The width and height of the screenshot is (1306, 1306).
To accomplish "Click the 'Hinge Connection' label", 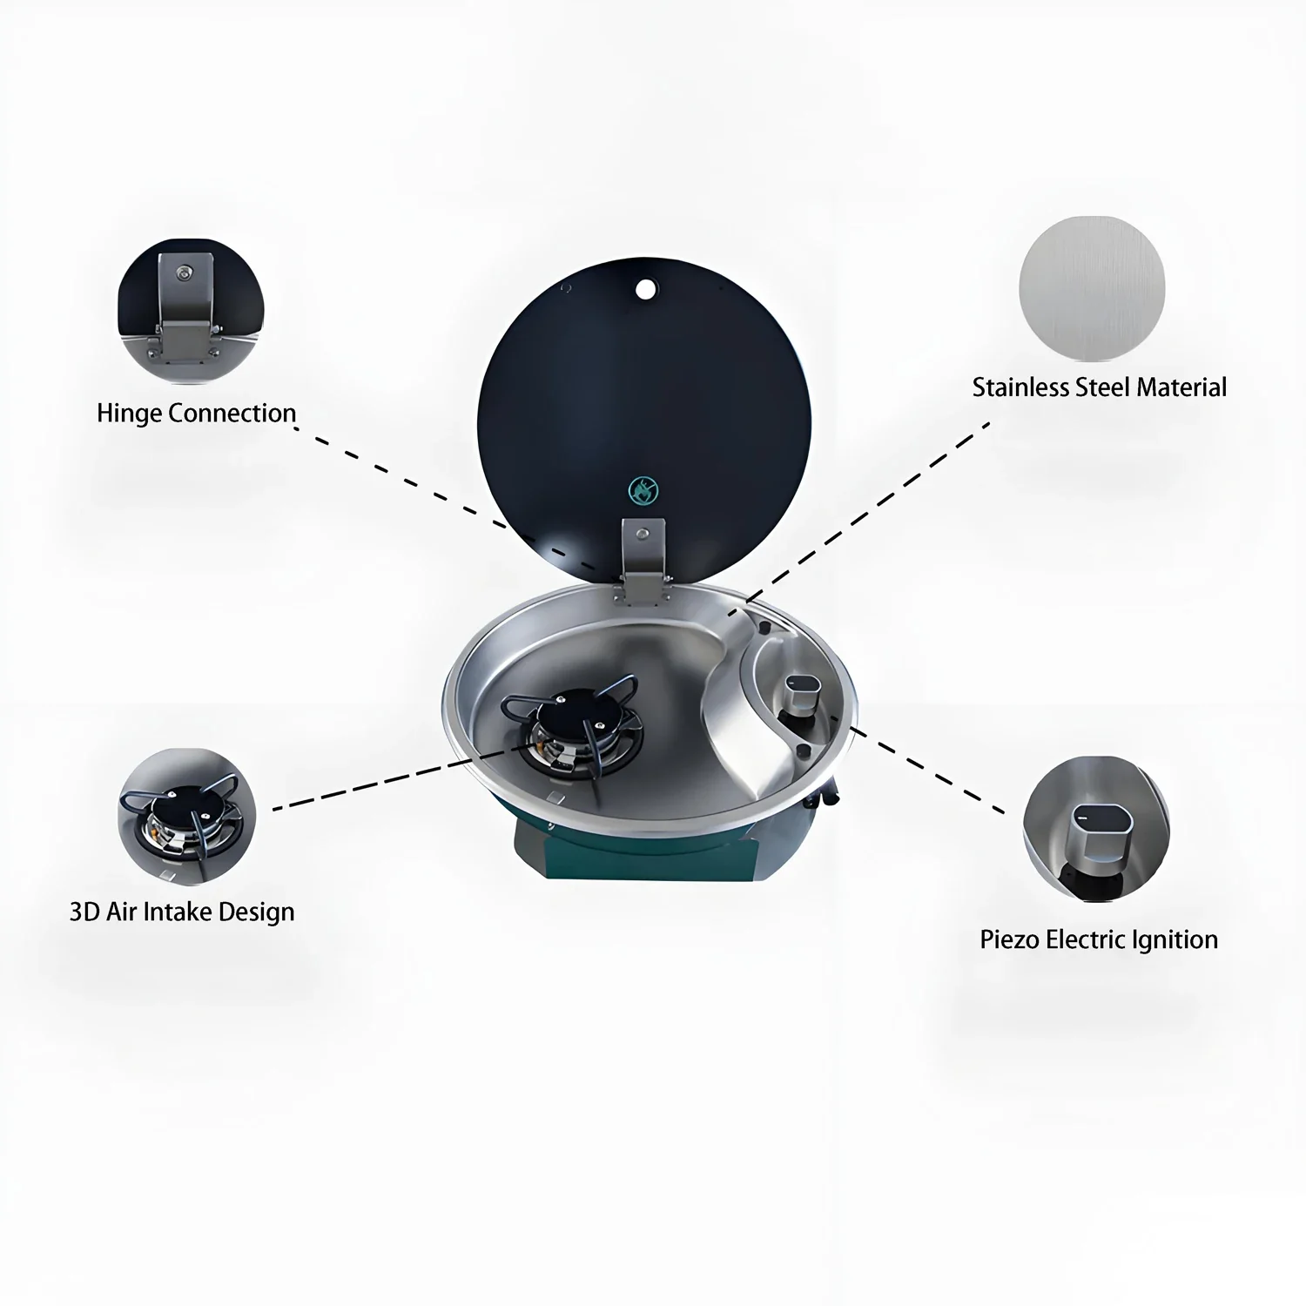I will [x=196, y=413].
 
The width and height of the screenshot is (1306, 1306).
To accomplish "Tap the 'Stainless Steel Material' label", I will [x=1099, y=387].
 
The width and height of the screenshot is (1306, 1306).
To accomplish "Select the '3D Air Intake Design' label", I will [x=182, y=912].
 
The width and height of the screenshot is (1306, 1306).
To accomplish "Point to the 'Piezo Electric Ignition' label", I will [x=1099, y=939].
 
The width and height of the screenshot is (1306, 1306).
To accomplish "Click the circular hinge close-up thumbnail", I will [x=190, y=312].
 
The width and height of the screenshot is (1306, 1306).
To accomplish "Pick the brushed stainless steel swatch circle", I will [x=1092, y=289].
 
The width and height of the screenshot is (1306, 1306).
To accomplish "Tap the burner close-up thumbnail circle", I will [x=186, y=817].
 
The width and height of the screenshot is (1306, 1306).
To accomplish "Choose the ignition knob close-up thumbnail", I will [x=1095, y=829].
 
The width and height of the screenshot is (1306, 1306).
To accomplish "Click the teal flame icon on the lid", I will [x=643, y=491].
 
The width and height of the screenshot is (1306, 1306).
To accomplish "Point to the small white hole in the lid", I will [x=645, y=288].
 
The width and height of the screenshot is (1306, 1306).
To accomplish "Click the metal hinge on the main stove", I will [x=643, y=557].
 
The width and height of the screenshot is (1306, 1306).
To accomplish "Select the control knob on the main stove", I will [x=802, y=694].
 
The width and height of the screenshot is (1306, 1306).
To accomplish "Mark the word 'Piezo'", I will [x=1009, y=939].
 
